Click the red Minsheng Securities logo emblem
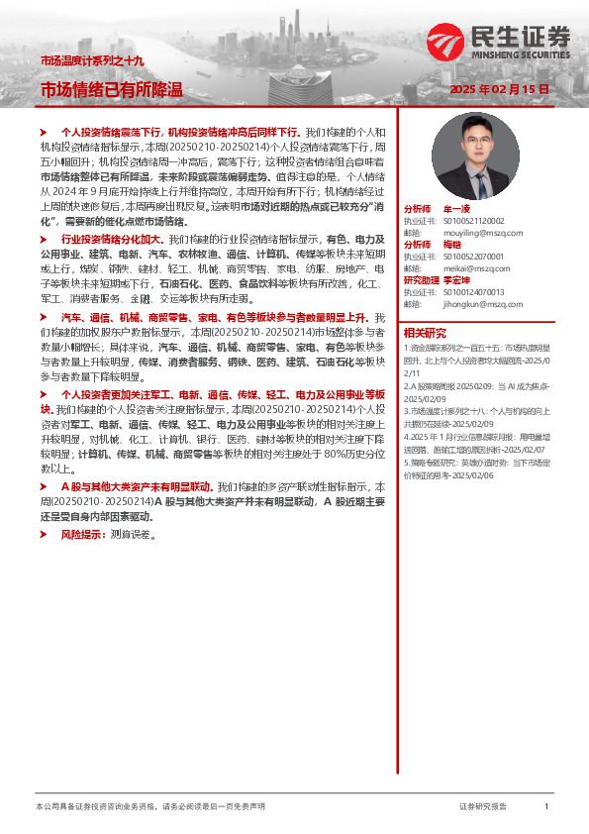coord(446,43)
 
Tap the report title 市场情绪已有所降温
coord(111,90)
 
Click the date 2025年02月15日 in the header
coord(499,89)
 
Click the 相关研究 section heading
coord(425,332)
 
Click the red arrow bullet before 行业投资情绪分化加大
coord(45,240)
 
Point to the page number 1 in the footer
coord(546,807)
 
